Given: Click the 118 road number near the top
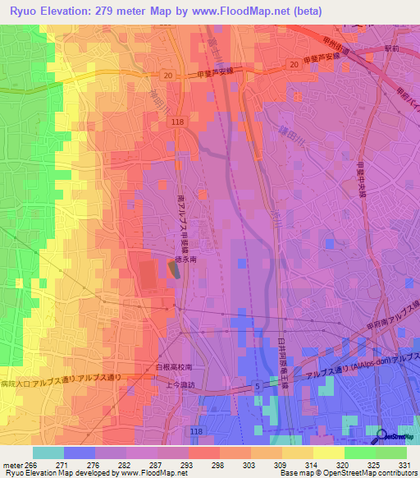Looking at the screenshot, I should (180, 121).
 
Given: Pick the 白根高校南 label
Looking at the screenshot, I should (174, 367).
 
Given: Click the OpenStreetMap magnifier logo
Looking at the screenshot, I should (381, 437).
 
